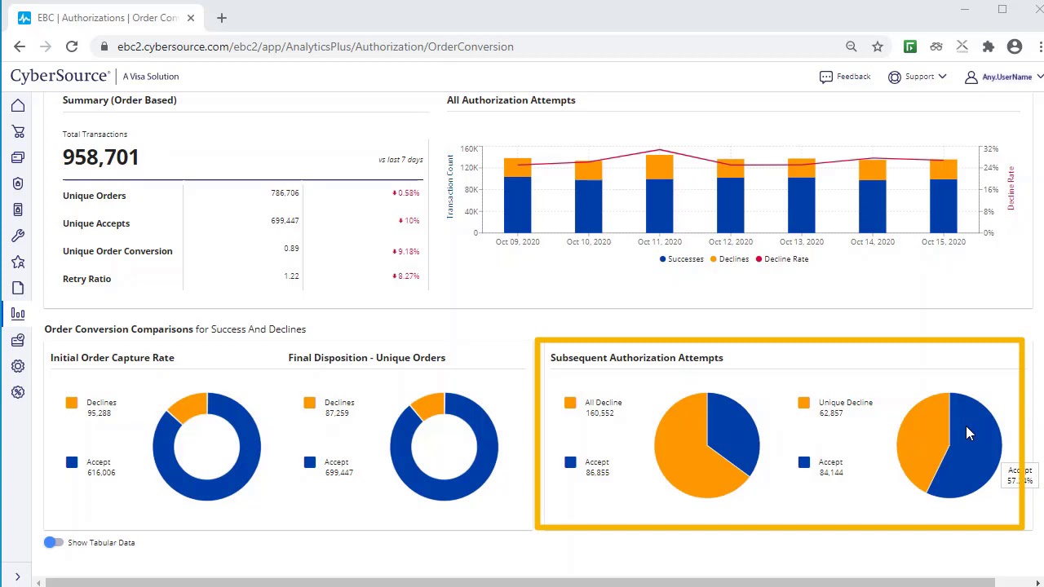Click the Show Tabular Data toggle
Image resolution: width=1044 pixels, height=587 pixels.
click(x=54, y=542)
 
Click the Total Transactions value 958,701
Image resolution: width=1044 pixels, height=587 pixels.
click(x=101, y=157)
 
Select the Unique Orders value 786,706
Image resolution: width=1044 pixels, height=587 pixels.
click(x=285, y=193)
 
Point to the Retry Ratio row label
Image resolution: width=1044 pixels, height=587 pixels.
click(x=86, y=279)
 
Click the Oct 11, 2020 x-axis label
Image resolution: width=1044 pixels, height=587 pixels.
click(x=659, y=242)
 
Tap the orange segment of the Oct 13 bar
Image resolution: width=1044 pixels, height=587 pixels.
click(x=802, y=168)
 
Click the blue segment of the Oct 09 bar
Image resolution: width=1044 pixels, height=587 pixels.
click(x=517, y=204)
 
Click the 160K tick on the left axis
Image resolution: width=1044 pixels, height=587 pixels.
click(x=469, y=149)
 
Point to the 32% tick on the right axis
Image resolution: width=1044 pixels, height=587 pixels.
click(x=990, y=149)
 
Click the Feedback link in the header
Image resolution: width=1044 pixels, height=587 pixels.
click(x=845, y=77)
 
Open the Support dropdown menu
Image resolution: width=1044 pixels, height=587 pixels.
click(x=918, y=77)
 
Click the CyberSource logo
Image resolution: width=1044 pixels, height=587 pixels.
click(x=60, y=77)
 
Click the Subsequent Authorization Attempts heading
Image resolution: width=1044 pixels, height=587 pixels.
click(x=636, y=358)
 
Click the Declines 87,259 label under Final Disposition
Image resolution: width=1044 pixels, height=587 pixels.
click(x=338, y=408)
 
